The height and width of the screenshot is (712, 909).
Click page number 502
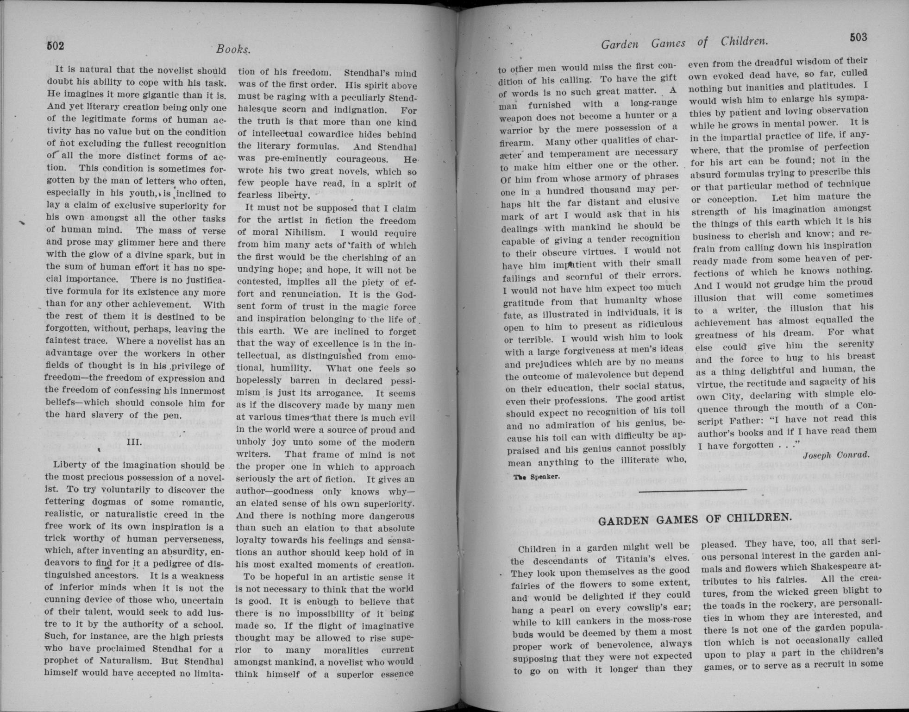tap(55, 45)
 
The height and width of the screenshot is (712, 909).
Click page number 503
tap(858, 38)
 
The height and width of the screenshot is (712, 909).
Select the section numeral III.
tap(134, 441)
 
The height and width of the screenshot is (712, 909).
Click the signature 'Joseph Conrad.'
tap(836, 455)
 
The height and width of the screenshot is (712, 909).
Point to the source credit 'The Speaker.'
tap(537, 476)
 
